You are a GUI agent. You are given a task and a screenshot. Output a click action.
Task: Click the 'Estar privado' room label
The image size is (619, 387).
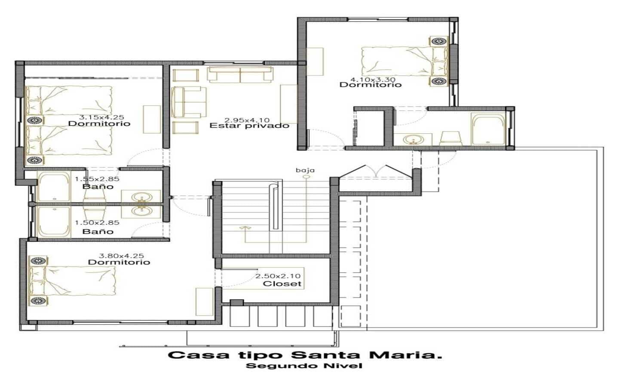pyautogui.click(x=249, y=126)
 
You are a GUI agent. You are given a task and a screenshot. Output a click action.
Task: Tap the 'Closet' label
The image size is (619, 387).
pyautogui.click(x=282, y=284)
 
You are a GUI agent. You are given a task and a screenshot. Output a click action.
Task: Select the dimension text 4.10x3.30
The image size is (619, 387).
pyautogui.click(x=373, y=79)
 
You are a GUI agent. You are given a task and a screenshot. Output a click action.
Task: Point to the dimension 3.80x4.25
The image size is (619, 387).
pyautogui.click(x=121, y=256)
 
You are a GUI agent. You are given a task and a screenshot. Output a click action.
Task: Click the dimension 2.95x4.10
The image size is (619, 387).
pyautogui.click(x=247, y=120)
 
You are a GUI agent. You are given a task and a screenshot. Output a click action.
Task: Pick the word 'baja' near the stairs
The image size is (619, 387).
pyautogui.click(x=305, y=170)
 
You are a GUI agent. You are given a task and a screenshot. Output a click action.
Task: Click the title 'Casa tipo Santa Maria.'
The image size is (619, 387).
pyautogui.click(x=305, y=355)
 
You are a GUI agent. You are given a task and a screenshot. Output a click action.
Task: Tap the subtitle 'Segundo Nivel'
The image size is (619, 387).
pyautogui.click(x=304, y=366)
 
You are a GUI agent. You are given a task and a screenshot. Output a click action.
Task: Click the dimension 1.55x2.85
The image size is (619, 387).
pyautogui.click(x=97, y=179)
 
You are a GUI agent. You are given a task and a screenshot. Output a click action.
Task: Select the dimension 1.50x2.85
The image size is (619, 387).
pyautogui.click(x=97, y=223)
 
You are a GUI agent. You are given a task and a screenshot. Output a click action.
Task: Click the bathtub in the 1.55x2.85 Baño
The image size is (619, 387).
pyautogui.click(x=54, y=187)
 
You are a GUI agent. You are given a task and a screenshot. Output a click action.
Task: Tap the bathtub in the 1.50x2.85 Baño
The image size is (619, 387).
pyautogui.click(x=54, y=222)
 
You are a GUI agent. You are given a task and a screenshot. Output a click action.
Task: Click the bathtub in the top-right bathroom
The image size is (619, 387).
pyautogui.click(x=489, y=130)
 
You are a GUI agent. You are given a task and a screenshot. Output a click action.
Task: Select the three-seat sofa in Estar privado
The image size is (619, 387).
pyautogui.click(x=240, y=74)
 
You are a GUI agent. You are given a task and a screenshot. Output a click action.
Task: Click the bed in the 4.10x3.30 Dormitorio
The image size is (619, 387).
pyautogui.click(x=404, y=61)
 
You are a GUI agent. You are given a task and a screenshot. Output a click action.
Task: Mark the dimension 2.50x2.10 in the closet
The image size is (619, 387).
pyautogui.click(x=278, y=276)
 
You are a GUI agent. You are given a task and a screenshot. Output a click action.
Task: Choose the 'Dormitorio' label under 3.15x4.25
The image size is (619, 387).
pyautogui.click(x=99, y=123)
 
